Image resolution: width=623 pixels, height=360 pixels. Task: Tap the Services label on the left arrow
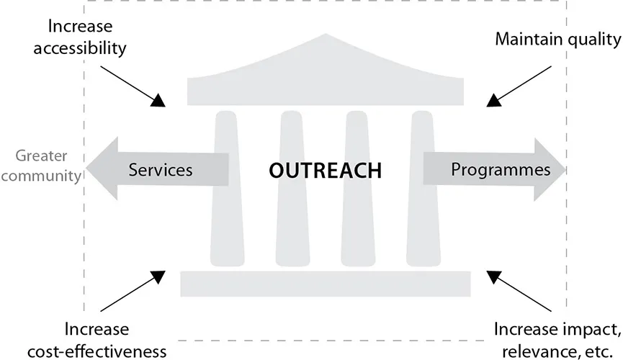click(x=160, y=171)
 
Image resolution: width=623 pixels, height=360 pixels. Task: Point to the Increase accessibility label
click(x=86, y=38)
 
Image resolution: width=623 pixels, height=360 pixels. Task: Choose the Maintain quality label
click(x=557, y=39)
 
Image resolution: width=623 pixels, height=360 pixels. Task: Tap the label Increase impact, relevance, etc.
click(x=557, y=340)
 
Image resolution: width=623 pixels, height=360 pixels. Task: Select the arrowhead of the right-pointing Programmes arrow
click(x=551, y=170)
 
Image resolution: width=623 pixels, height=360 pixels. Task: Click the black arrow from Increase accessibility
click(x=133, y=86)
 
